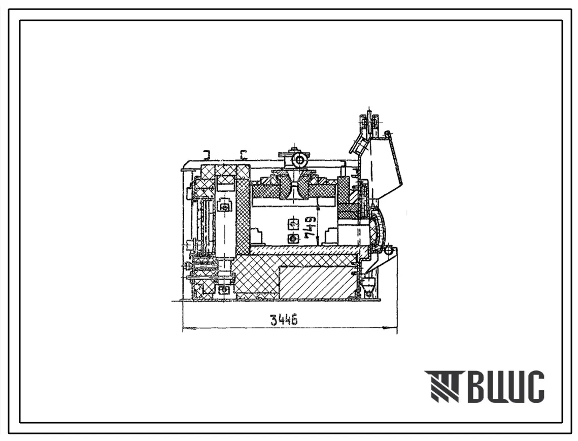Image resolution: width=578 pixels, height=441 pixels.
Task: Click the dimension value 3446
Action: pyautogui.click(x=284, y=319)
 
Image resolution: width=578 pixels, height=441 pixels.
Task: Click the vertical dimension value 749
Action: pyautogui.click(x=312, y=227)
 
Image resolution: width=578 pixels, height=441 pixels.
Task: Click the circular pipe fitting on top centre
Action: pyautogui.click(x=298, y=160)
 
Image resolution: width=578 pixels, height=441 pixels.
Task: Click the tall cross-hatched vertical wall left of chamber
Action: pyautogui.click(x=243, y=210)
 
